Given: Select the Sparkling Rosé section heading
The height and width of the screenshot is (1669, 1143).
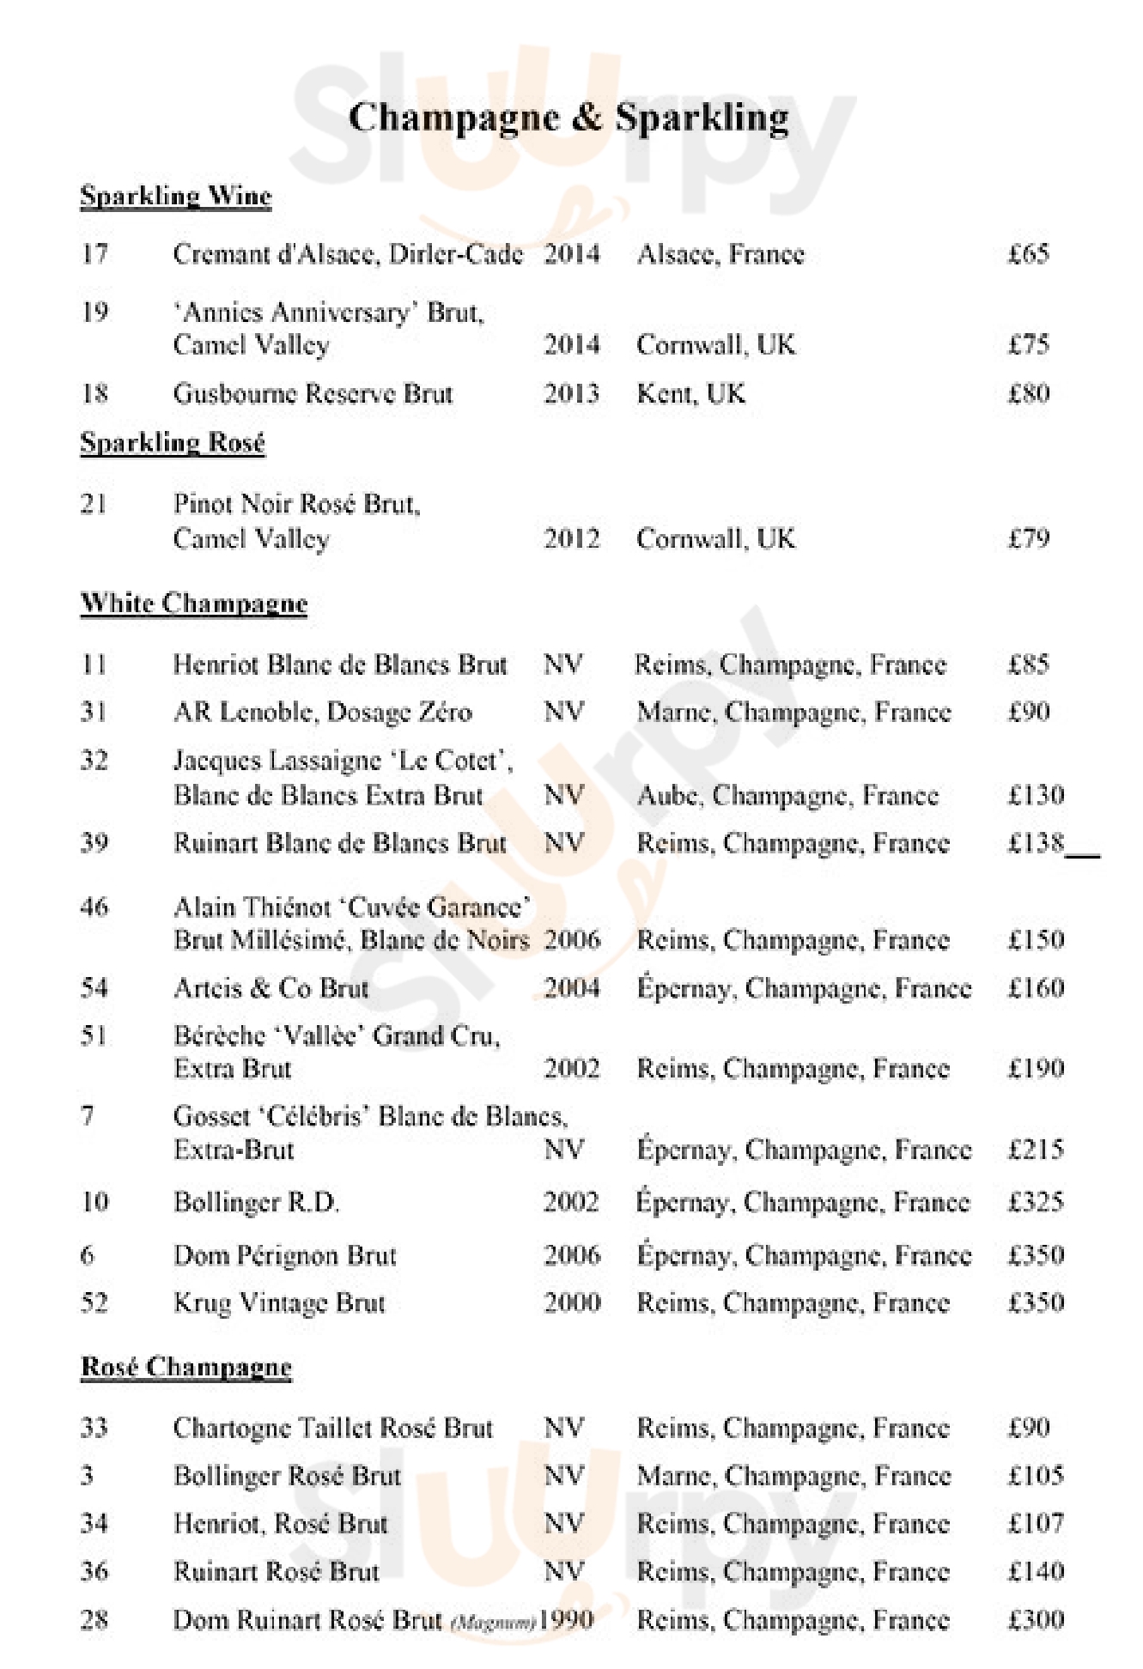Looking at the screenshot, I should point(173,443).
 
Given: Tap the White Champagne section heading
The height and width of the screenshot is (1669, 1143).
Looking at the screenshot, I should point(194,604).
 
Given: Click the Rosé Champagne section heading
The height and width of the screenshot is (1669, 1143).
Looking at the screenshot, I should point(186,1367).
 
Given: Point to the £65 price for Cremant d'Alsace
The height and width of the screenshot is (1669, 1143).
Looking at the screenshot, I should point(1028,254).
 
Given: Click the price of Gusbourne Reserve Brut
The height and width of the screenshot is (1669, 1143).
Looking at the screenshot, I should point(1028,394).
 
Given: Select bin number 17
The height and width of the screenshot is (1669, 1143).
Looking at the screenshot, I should point(94,254).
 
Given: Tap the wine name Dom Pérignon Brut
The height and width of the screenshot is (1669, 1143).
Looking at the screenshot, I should point(285,1256).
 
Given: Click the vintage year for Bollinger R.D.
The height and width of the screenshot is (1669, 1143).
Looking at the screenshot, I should point(571,1202).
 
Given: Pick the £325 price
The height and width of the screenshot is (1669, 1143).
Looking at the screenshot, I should point(1036,1202).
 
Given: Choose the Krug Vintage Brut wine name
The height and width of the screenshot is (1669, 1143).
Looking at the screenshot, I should point(279,1303).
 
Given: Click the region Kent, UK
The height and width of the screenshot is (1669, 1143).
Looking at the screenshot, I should point(690,394).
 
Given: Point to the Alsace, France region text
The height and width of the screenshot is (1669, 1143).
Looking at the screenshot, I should point(720,254).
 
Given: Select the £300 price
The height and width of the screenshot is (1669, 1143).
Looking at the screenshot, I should point(1036,1620).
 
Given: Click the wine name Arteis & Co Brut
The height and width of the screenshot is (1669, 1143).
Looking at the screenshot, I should point(271,988).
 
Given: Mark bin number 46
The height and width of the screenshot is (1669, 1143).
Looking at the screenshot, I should point(94,907).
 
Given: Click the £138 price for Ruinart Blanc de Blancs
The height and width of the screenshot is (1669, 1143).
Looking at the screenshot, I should point(1036,843).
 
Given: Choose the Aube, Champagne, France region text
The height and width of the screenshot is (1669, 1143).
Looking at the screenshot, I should point(787,796).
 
